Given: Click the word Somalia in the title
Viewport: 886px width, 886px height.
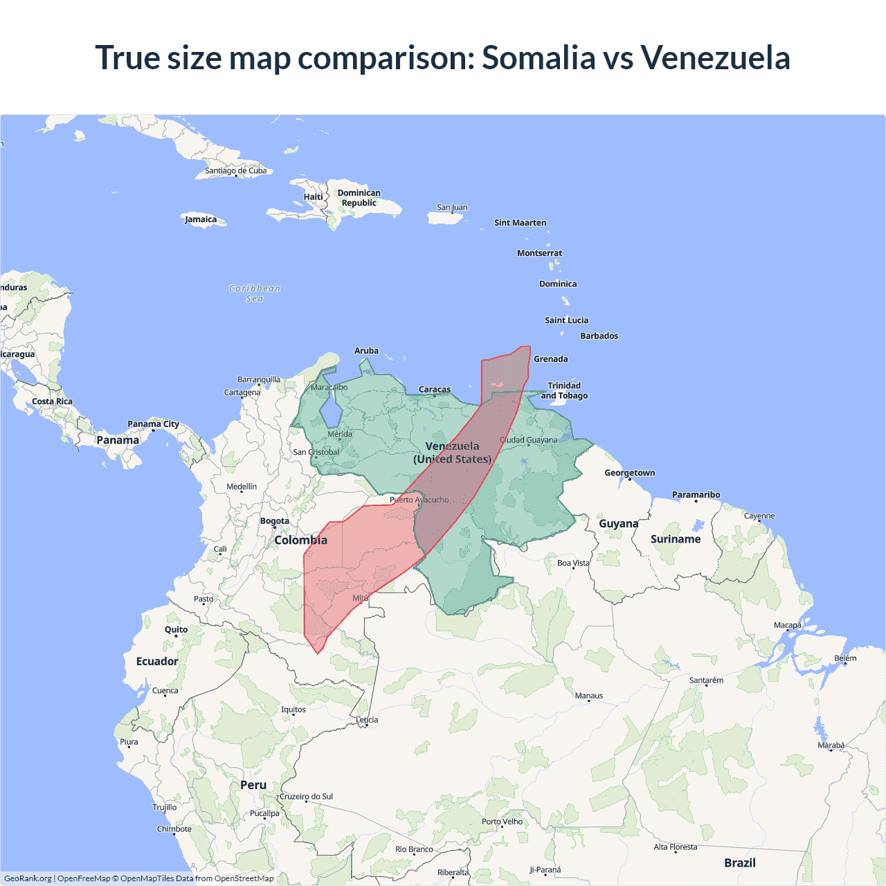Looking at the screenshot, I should [538, 57].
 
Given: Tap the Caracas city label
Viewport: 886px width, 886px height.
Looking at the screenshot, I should [435, 390].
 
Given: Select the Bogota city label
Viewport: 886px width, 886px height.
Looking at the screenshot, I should [275, 521].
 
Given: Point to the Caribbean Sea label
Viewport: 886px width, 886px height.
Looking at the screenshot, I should [255, 293].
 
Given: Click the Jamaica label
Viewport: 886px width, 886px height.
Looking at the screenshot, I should [201, 219].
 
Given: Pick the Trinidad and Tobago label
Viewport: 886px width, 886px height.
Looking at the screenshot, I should [564, 390].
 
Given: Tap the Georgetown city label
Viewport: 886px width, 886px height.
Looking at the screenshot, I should [629, 473].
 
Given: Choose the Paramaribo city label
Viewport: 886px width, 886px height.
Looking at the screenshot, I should [696, 495].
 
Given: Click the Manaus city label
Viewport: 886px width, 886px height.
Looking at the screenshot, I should [589, 696].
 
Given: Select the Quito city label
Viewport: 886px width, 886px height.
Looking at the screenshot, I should [176, 630].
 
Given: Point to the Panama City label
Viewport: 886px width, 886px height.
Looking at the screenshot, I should [153, 424].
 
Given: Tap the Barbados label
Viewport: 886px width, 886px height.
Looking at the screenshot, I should [599, 336].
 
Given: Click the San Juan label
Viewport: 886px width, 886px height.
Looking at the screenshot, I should [452, 208].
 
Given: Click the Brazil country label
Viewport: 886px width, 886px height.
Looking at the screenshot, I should [739, 862].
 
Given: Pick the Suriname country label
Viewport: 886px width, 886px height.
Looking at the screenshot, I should [676, 539].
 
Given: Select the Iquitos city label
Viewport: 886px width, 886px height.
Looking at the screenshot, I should [293, 709].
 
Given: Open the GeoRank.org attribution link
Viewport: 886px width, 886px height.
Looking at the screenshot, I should [28, 878].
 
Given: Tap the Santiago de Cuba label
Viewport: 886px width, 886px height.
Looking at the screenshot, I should [235, 171].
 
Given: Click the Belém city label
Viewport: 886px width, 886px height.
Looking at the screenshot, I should [845, 658].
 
